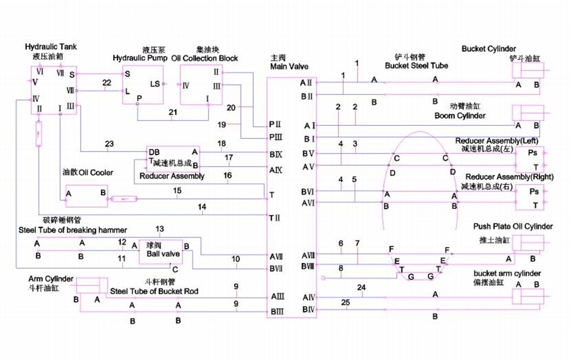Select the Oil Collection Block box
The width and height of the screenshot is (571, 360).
[201, 84]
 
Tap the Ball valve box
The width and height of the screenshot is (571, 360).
[160, 252]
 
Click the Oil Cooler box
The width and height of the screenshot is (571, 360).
[86, 196]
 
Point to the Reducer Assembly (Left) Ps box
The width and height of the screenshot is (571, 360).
[531, 158]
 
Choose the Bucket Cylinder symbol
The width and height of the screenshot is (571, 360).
[528, 71]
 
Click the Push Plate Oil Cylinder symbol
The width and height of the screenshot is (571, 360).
[528, 243]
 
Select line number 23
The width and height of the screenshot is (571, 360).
[109, 143]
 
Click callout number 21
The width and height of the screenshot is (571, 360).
[173, 112]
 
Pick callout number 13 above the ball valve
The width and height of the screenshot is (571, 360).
[160, 229]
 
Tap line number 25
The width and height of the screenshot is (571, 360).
[345, 302]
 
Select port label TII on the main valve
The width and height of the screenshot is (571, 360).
[275, 218]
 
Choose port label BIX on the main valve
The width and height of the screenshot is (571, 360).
[276, 153]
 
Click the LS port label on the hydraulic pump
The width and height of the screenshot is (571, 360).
[155, 84]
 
